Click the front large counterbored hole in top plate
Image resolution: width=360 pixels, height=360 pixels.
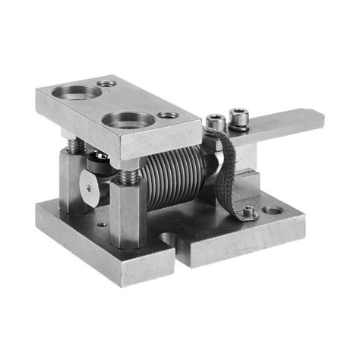coord(127,118)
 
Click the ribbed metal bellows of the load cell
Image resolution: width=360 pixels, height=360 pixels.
coord(173,178)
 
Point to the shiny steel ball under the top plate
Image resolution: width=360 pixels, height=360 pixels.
coord(99,159)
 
